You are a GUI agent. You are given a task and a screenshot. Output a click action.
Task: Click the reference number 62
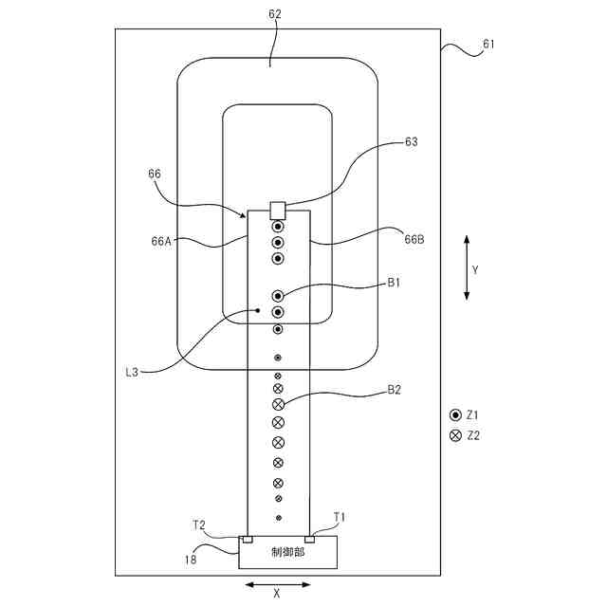(275, 14)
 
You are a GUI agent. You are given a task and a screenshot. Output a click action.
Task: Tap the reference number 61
(488, 45)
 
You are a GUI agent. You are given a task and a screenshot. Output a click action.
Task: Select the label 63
(411, 142)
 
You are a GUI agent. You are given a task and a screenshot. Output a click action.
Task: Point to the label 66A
(161, 241)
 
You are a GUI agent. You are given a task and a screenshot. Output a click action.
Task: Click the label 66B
(414, 240)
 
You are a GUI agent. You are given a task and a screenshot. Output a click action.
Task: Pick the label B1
(394, 283)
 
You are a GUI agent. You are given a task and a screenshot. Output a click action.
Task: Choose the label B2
(394, 390)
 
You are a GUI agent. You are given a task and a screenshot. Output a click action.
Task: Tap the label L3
(132, 372)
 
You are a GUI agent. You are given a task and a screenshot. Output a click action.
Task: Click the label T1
(340, 517)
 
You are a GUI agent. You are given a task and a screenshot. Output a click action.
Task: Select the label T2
(199, 524)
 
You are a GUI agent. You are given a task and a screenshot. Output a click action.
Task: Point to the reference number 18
(190, 560)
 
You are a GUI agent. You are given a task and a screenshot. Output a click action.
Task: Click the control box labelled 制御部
(287, 552)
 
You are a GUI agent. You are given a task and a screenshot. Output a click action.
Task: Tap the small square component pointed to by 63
(278, 210)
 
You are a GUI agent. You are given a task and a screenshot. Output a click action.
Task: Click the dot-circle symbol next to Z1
(455, 415)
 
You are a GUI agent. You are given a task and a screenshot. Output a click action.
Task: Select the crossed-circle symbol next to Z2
(455, 435)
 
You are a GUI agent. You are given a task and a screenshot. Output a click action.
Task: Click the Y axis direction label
(475, 269)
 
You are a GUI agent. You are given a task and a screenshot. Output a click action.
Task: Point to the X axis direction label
(277, 595)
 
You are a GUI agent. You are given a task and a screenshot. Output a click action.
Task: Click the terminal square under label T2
(248, 540)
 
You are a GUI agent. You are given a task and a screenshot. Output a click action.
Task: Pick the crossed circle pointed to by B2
(278, 405)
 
